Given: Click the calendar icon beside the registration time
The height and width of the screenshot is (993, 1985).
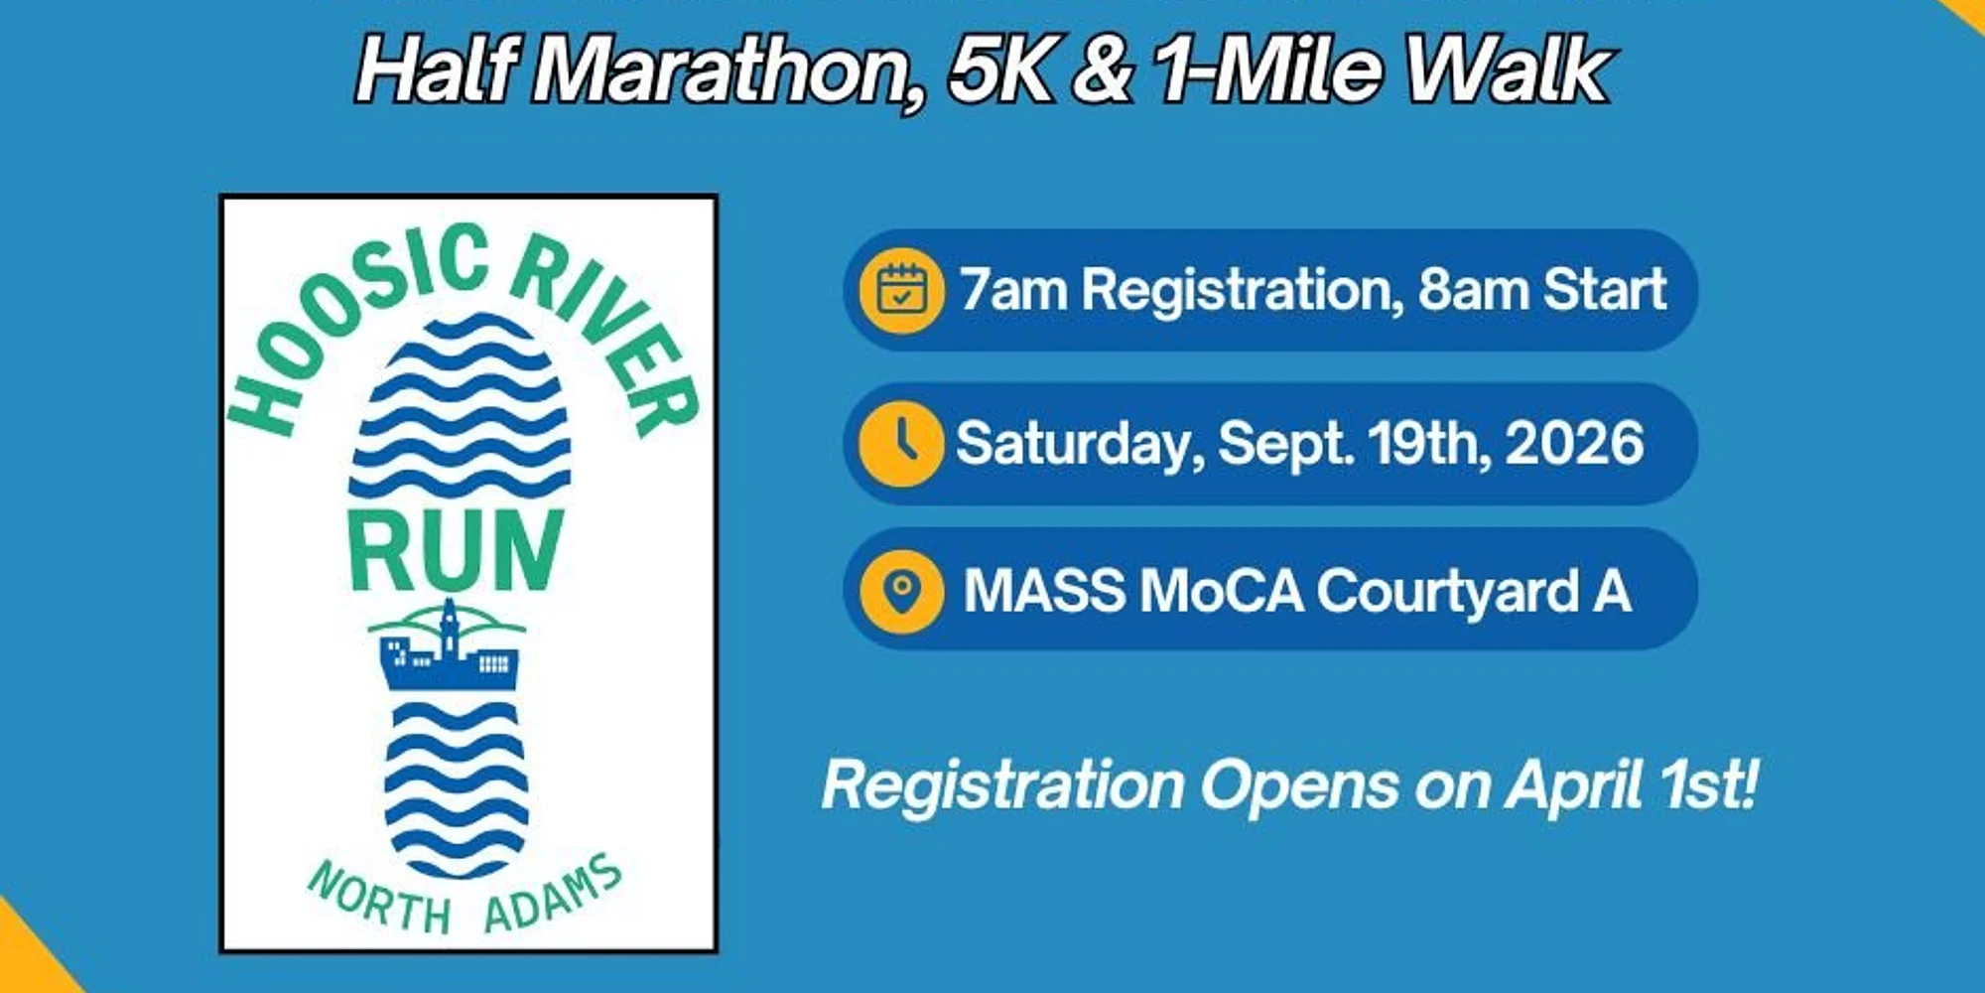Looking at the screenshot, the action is pos(901,290).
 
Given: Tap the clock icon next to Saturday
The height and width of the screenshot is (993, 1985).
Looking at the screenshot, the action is pos(901,443).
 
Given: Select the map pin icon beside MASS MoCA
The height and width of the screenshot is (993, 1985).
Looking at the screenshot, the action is pos(901,592).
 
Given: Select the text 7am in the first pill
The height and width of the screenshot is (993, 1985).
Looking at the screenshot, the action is pos(1012,290).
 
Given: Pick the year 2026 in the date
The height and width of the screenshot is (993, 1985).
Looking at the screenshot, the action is pos(1574,443).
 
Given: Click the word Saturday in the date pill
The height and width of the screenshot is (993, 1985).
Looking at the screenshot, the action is pos(1080,445).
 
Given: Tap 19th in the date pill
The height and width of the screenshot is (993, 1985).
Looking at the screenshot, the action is pos(1429,443).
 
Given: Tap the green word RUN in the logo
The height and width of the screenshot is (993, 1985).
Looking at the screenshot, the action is pos(456,550).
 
